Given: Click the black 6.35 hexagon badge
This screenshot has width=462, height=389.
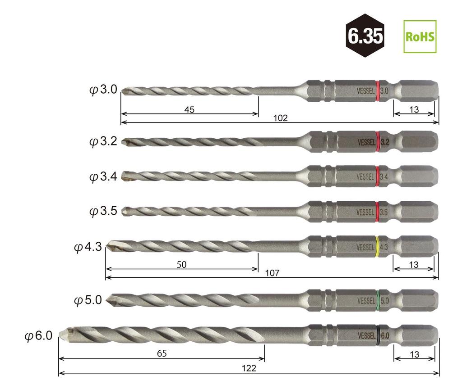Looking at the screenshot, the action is point(365,36).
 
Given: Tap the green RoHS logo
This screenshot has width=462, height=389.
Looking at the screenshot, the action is point(420,37).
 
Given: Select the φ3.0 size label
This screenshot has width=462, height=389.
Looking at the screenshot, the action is point(103,90).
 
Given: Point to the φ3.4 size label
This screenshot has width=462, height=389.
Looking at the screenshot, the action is point(103,176).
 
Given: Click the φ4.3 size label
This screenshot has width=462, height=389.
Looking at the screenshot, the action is point(88,247).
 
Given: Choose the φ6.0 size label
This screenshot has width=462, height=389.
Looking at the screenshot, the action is point(39,336).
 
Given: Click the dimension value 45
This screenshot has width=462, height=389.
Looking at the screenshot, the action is point(189,110).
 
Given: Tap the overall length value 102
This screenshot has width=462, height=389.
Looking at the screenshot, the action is point(280,118).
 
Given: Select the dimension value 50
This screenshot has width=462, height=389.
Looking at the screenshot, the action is point(181,265).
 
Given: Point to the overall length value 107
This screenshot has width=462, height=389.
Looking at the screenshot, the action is point(272,273).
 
